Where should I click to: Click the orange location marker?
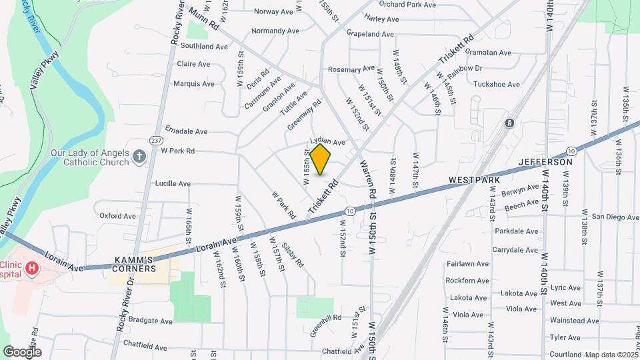[321, 159]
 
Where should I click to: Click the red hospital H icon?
[31, 268]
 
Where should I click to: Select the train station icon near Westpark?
[509, 123]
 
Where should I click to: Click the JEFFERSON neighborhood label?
[545, 162]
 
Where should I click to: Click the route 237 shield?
[156, 140]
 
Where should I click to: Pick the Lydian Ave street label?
[327, 142]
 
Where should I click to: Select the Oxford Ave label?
[117, 216]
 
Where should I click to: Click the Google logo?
[22, 352]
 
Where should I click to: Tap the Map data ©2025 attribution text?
[611, 355]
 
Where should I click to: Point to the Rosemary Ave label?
[351, 69]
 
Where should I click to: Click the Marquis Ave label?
[194, 84]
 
